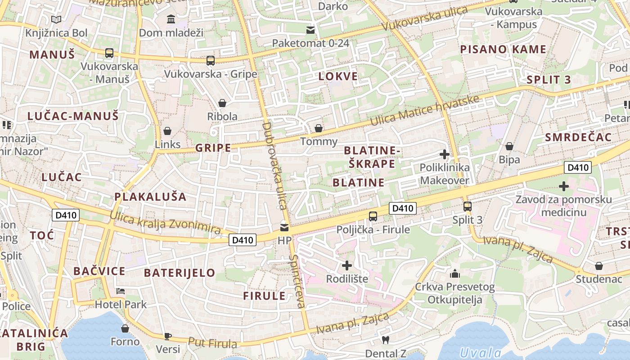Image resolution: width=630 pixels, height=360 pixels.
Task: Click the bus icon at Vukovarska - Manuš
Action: pos(109,53)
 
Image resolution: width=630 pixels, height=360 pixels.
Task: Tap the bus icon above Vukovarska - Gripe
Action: pos(210,61)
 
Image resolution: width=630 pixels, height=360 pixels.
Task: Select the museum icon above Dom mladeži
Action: pos(171,19)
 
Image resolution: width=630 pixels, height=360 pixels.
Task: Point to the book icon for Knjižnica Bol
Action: pos(56,20)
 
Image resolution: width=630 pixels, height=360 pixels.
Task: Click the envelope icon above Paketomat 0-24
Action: pos(310,30)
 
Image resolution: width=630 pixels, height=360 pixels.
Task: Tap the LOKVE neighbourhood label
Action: pos(338,76)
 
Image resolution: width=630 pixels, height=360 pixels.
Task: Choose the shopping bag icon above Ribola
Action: pos(222,103)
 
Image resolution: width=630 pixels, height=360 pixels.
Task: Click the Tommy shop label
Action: pos(319,141)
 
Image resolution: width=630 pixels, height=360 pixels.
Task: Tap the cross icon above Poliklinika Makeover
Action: pos(444,155)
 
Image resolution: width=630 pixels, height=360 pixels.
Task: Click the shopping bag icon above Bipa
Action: pos(509,146)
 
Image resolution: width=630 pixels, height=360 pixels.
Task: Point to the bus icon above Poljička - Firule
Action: pos(373,216)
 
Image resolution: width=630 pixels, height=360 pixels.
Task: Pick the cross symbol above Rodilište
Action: pos(346,265)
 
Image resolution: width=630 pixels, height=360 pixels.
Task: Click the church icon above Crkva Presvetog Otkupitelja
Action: pos(455,274)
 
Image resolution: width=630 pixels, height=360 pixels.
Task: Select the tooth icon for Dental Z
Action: pos(385,340)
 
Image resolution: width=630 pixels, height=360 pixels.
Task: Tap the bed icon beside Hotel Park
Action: pos(120,291)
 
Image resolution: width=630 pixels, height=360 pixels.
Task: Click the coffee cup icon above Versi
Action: pos(168,336)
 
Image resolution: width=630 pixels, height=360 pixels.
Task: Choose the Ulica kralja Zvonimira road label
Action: pos(165,222)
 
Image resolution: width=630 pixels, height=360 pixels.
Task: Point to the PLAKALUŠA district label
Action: pos(150,197)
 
